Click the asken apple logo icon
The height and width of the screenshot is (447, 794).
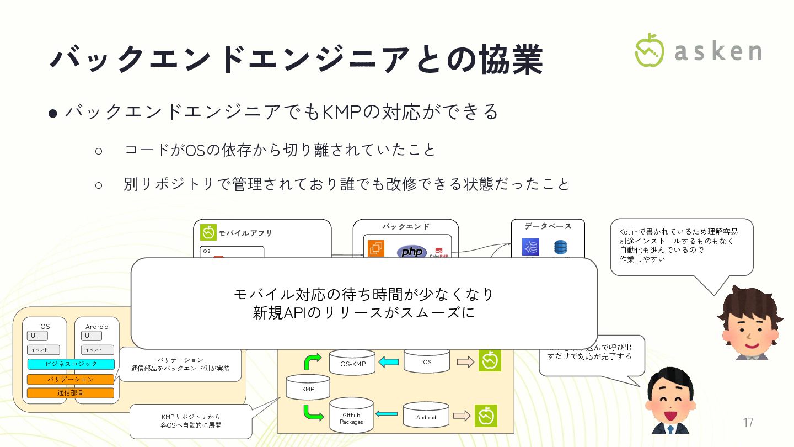pyautogui.click(x=649, y=50)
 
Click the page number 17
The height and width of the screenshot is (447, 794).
pyautogui.click(x=748, y=423)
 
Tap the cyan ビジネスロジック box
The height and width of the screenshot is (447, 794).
pyautogui.click(x=71, y=364)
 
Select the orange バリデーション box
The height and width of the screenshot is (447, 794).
pyautogui.click(x=71, y=379)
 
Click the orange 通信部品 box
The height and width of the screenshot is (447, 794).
pyautogui.click(x=71, y=393)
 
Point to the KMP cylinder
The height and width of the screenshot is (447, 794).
pyautogui.click(x=308, y=388)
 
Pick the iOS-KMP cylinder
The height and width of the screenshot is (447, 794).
pyautogui.click(x=352, y=363)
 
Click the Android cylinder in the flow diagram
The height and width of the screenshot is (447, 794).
pyautogui.click(x=426, y=416)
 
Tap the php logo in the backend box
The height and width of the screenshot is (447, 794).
pyautogui.click(x=411, y=252)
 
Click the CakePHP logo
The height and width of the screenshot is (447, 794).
pyautogui.click(x=439, y=253)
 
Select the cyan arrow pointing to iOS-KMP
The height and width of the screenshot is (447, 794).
pyautogui.click(x=389, y=363)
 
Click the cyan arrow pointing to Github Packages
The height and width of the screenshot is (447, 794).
pyautogui.click(x=388, y=413)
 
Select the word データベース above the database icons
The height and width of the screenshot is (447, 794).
pyautogui.click(x=548, y=226)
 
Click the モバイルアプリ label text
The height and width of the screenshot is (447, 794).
pyautogui.click(x=245, y=233)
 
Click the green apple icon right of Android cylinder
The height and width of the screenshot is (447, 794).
pyautogui.click(x=486, y=416)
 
